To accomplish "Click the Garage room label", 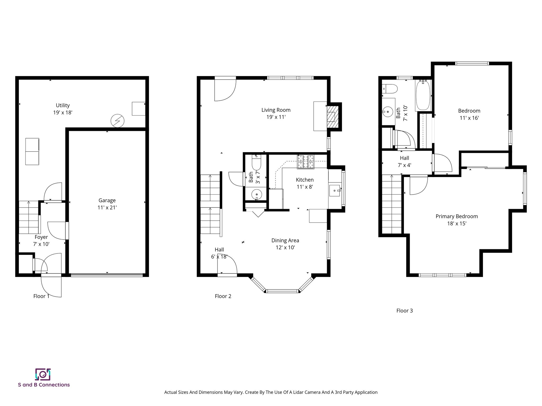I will (107, 200).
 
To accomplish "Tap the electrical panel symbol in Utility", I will (117, 121).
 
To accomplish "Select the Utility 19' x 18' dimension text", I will (63, 113).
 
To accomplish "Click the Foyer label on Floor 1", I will (41, 237).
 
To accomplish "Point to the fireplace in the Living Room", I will (333, 117).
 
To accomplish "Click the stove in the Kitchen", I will (306, 162).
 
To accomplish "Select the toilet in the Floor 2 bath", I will (256, 163).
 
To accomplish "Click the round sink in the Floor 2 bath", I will (256, 195).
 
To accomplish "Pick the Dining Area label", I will (285, 241).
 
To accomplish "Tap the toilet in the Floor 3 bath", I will (390, 89).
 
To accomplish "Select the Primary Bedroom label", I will (457, 216).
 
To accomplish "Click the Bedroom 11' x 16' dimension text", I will (469, 118).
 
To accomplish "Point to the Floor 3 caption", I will (404, 311).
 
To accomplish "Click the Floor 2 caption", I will (223, 296).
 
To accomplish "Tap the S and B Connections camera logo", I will (43, 374).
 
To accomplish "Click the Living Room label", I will (276, 110).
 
